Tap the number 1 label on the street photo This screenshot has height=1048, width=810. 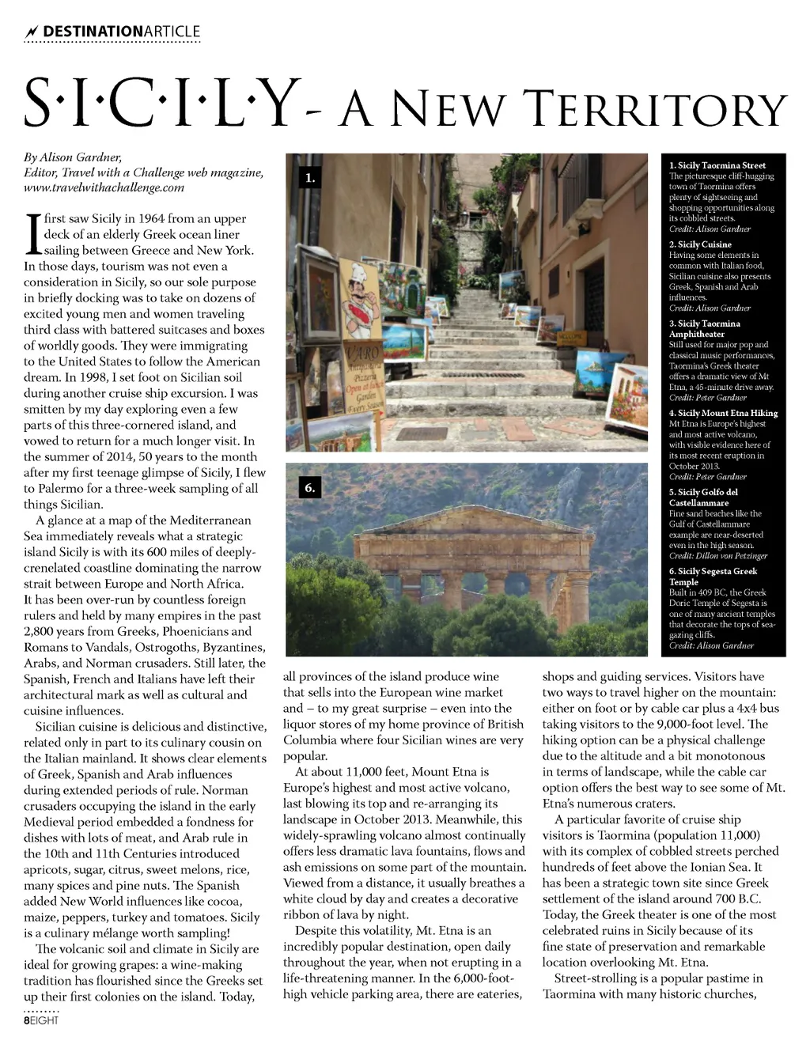(x=310, y=178)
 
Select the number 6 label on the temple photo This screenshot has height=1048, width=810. (x=310, y=488)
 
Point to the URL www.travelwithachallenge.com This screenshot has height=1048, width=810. (x=104, y=187)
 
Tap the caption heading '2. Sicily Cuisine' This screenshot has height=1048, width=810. (x=699, y=244)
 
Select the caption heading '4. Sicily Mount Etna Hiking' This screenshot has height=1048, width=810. (x=723, y=413)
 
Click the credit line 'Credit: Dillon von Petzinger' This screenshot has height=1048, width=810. (x=718, y=556)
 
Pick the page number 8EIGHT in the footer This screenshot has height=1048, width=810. (x=41, y=1020)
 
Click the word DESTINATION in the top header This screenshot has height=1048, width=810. (x=93, y=32)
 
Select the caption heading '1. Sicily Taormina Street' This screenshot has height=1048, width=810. (x=717, y=165)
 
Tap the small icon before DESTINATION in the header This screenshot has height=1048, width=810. (x=32, y=32)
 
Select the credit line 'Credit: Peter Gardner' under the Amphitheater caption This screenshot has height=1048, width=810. (x=710, y=398)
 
